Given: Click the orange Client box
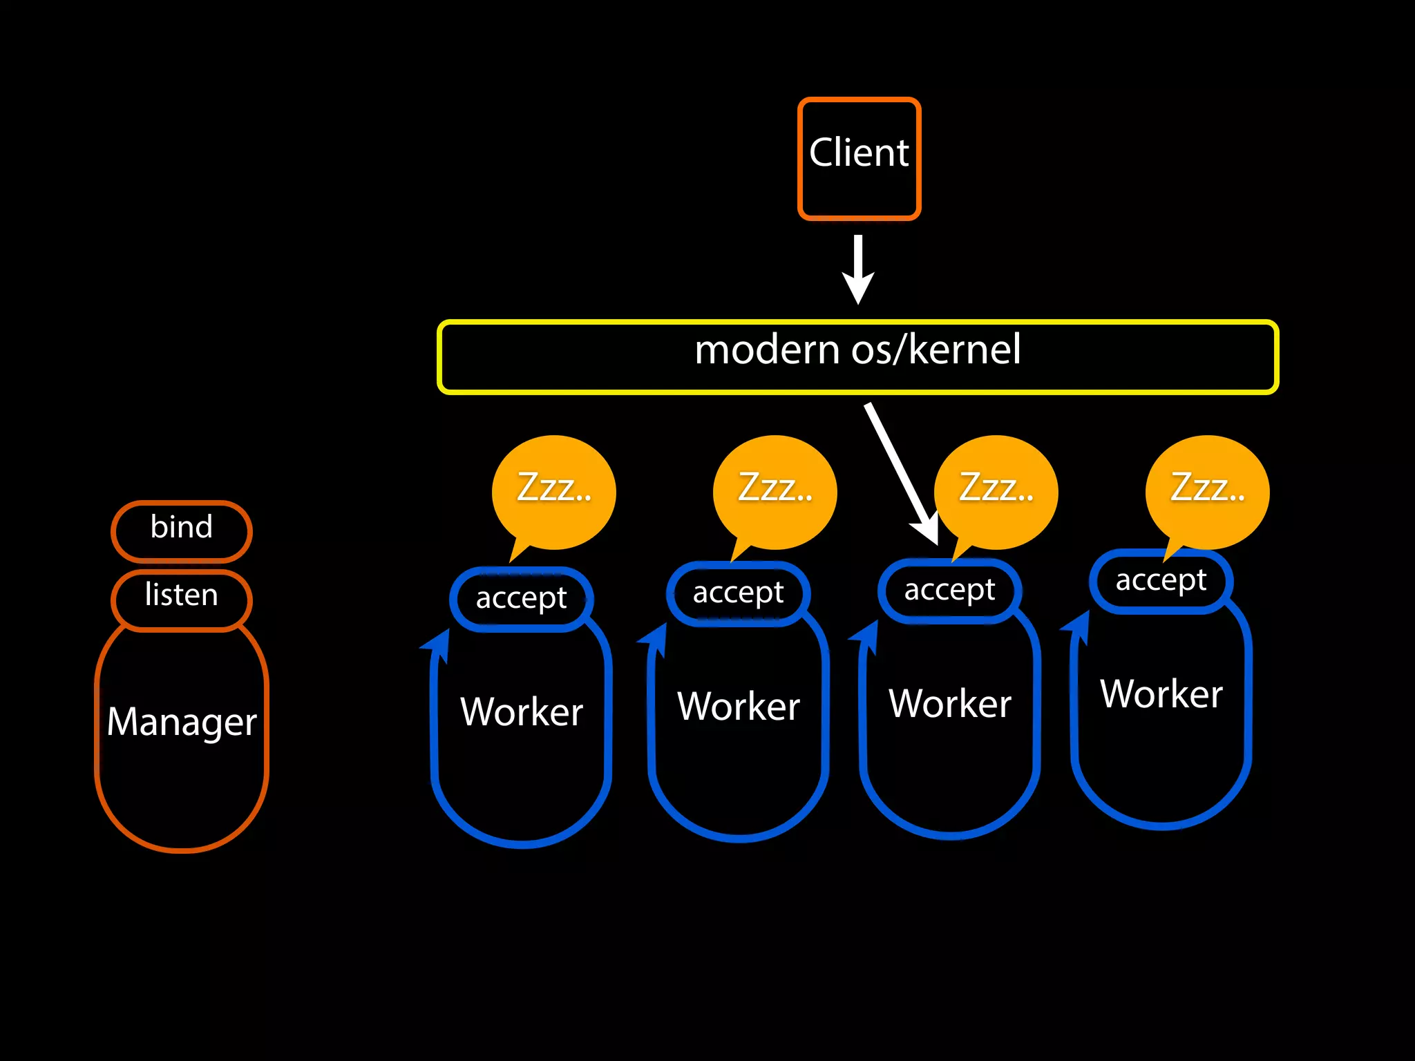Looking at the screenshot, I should [x=859, y=158].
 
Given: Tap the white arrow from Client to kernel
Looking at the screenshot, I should [x=858, y=269].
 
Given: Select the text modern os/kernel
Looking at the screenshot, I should [x=857, y=350].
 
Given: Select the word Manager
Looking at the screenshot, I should [x=182, y=722].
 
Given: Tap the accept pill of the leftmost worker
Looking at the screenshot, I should [x=521, y=599].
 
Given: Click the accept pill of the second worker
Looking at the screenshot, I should [x=738, y=593].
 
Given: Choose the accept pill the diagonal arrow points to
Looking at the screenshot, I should [x=949, y=591].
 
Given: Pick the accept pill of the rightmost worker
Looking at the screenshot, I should [x=1161, y=581].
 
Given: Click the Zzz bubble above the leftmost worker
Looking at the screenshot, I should [x=554, y=490].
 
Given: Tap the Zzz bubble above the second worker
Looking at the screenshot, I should [x=775, y=490].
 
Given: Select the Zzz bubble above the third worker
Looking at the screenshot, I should [x=996, y=490].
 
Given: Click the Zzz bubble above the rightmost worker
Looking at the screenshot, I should [x=1208, y=490].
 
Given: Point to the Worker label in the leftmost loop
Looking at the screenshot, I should [x=522, y=712].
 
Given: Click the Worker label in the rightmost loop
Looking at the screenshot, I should [x=1161, y=694].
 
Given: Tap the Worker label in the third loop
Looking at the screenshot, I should [x=950, y=704].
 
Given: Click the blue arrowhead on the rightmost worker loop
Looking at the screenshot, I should [x=1077, y=625].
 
